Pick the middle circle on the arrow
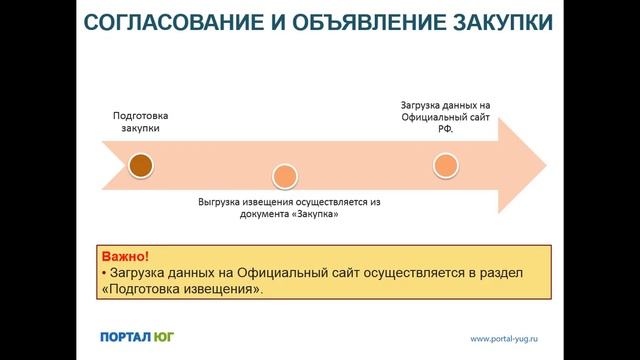(x=285, y=177)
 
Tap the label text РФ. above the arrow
(x=445, y=128)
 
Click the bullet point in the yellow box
(x=104, y=273)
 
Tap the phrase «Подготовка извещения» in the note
(x=186, y=289)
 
